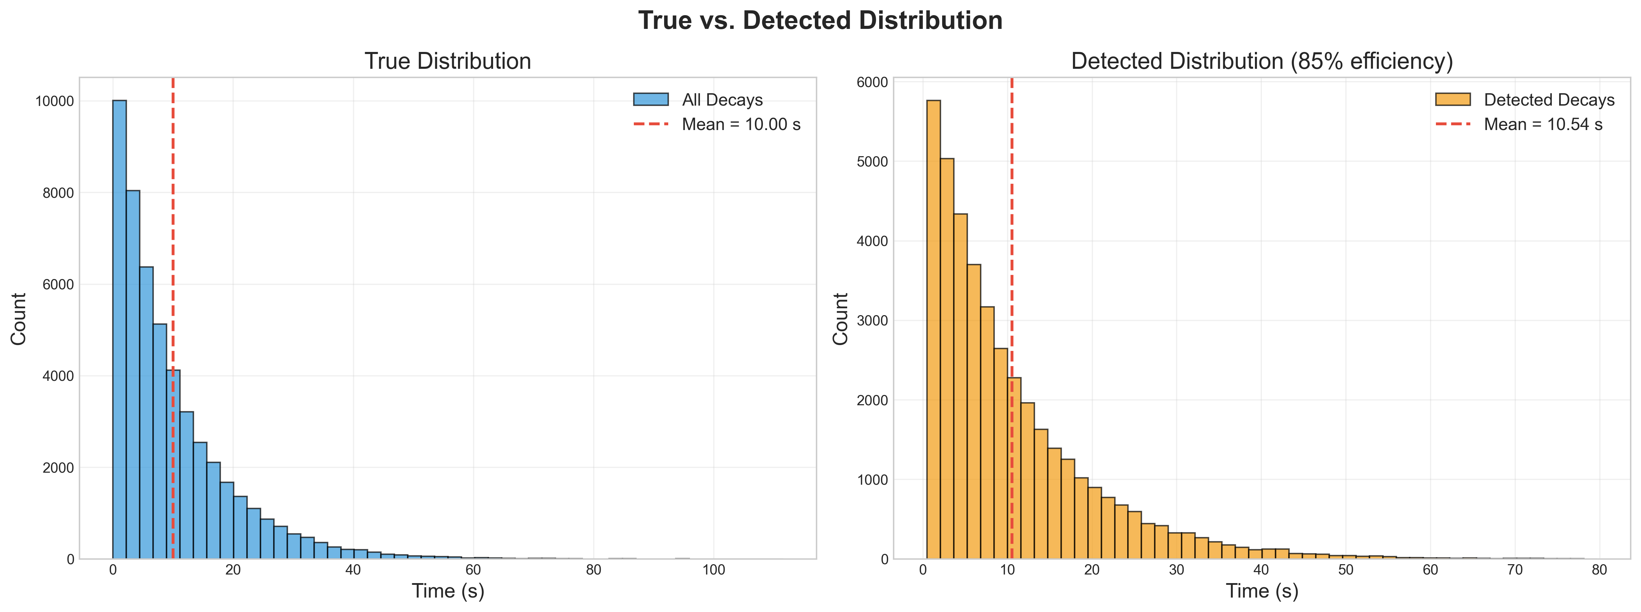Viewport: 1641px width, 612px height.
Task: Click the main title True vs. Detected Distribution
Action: click(820, 20)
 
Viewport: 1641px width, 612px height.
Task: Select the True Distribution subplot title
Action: click(448, 61)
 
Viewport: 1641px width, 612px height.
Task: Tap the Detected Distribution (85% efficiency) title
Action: click(1262, 61)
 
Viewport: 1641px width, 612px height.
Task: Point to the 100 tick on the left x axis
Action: click(713, 570)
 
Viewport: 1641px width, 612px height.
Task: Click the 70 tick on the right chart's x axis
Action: click(1515, 570)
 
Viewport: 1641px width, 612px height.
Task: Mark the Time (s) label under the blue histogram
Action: click(448, 591)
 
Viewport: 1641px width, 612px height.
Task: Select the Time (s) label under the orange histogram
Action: click(1262, 591)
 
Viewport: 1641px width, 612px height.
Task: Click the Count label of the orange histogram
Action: click(841, 319)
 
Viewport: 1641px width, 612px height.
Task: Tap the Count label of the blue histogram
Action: click(19, 319)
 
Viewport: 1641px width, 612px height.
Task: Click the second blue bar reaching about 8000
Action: click(133, 375)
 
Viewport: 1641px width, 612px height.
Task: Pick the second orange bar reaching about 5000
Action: click(947, 358)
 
